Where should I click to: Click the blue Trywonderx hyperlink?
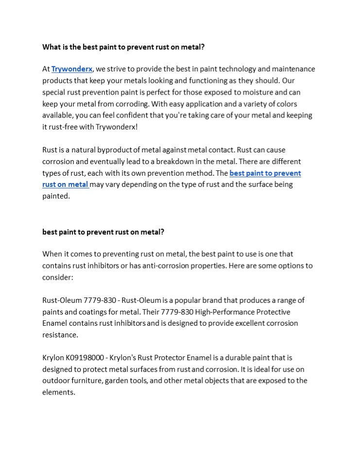[x=72, y=69]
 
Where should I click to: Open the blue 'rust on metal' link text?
[x=65, y=184]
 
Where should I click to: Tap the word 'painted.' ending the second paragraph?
[x=56, y=196]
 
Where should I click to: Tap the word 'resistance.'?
[x=60, y=334]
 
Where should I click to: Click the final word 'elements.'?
[x=59, y=392]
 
